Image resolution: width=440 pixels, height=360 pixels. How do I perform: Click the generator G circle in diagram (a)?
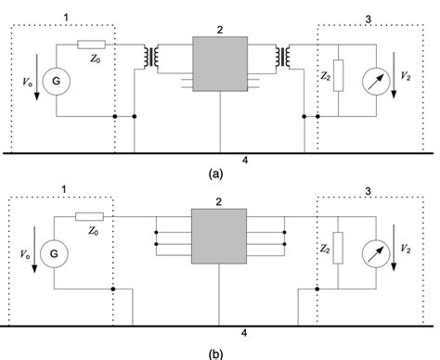click(x=56, y=82)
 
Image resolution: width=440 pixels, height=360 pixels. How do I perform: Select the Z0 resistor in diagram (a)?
click(x=90, y=45)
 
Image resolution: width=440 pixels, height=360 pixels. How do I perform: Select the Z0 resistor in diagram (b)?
click(x=90, y=216)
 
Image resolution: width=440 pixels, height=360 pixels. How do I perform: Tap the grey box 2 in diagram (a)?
click(x=219, y=64)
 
